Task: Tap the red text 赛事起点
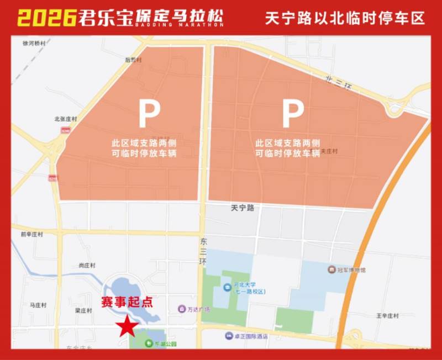click(127, 303)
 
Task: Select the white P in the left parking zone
click(149, 113)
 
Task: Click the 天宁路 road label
click(242, 208)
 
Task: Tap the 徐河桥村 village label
click(33, 43)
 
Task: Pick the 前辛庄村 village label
click(31, 234)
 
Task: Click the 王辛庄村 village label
click(387, 316)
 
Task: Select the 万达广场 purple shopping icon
click(181, 309)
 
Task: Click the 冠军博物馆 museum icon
click(331, 270)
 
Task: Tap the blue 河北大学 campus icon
click(227, 287)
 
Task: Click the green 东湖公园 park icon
click(148, 343)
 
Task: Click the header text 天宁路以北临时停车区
click(345, 18)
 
